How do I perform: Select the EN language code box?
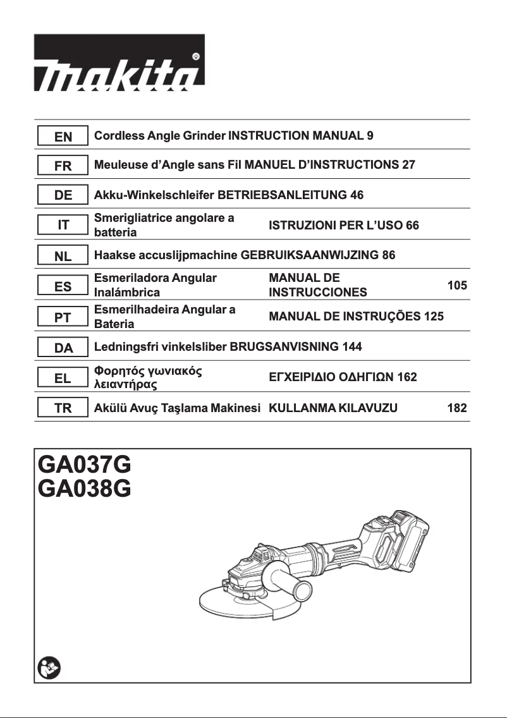point(63,137)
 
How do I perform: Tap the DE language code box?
point(63,195)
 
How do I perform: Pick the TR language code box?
point(63,408)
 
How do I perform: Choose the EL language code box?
point(63,379)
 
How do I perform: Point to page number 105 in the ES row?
point(457,286)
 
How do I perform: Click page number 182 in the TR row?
point(457,408)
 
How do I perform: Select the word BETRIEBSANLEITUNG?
point(282,195)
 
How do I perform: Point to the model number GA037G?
point(85,466)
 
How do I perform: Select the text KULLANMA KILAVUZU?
point(333,408)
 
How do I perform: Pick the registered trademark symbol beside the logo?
point(196,56)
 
